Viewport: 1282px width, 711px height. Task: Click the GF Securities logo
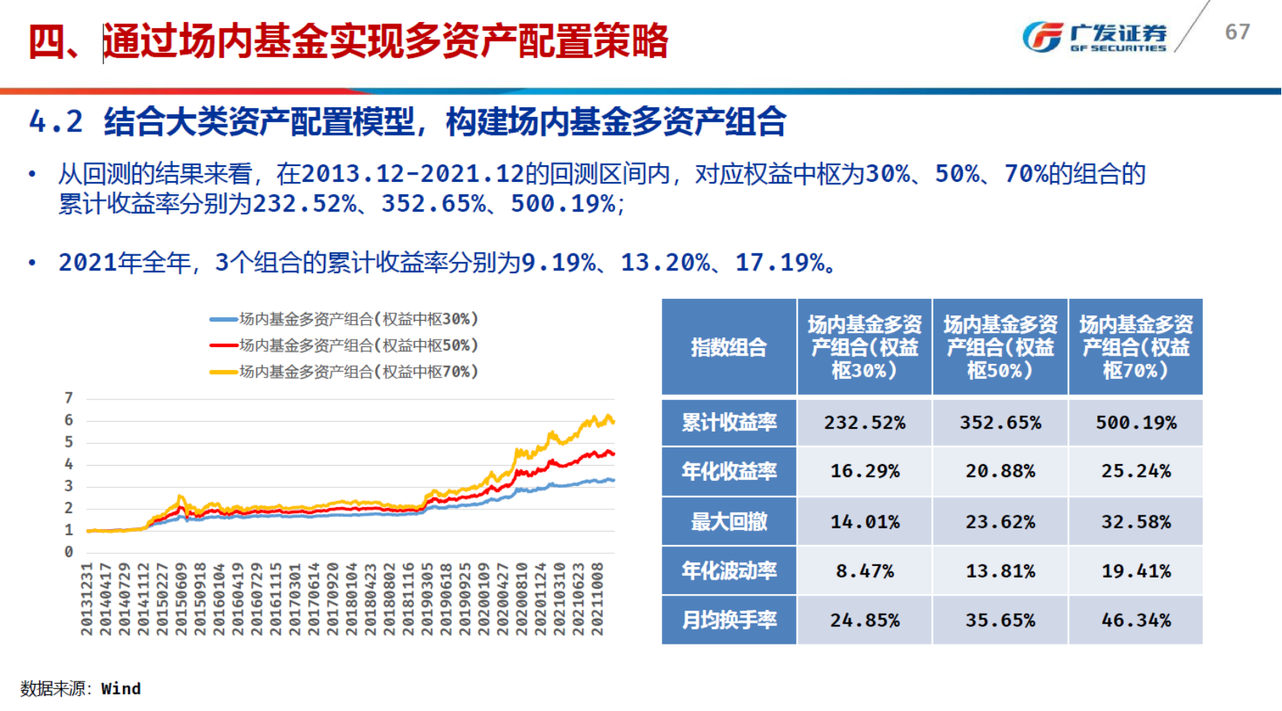(x=1093, y=35)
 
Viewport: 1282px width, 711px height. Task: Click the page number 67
(x=1237, y=32)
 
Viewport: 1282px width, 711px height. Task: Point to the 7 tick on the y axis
(x=69, y=398)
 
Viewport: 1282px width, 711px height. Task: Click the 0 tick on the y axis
(x=69, y=552)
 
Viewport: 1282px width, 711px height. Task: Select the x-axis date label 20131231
(x=87, y=599)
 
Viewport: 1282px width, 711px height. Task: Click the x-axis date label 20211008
(x=597, y=599)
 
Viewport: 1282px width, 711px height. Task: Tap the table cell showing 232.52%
(x=865, y=423)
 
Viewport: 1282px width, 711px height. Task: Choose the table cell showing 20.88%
(x=1000, y=471)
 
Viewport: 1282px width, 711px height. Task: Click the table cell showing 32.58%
(x=1136, y=522)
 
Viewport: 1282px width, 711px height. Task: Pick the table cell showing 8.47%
(x=865, y=571)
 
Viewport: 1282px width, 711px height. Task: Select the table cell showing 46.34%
(x=1136, y=620)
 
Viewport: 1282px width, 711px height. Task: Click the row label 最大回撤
(x=729, y=522)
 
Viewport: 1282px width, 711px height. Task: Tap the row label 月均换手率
(x=729, y=620)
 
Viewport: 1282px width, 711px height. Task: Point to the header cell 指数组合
(x=729, y=347)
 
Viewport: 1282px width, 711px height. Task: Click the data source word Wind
(x=121, y=688)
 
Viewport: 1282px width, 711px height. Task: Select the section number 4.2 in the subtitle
(x=56, y=122)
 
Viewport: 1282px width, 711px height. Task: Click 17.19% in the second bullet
(x=779, y=263)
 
